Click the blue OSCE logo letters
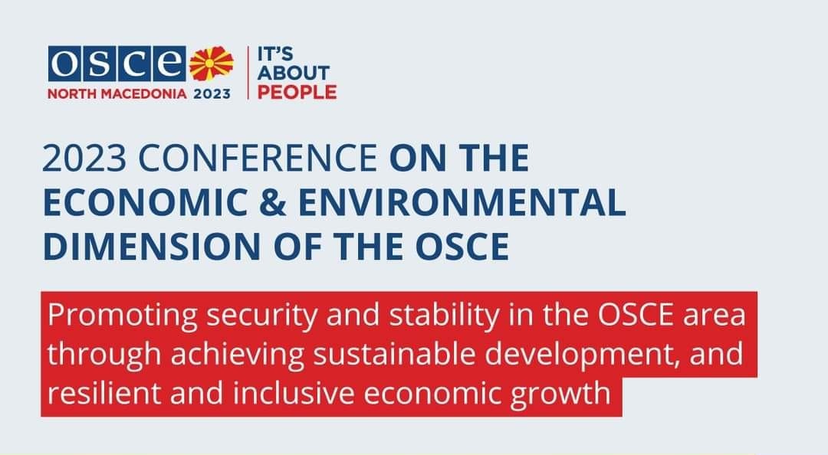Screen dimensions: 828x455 point(117,64)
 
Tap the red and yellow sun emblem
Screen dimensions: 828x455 point(212,64)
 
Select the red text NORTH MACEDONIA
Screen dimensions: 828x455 point(117,94)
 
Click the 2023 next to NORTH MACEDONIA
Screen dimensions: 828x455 point(212,94)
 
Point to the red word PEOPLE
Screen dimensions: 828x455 point(297,93)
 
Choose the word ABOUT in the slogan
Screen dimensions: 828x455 point(293,73)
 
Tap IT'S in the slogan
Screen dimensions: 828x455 point(274,54)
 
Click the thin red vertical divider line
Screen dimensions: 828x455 point(248,72)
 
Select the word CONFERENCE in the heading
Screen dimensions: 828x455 point(258,158)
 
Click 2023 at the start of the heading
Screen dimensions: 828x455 point(84,158)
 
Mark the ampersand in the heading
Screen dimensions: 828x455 point(272,202)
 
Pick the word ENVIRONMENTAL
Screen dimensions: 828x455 point(462,202)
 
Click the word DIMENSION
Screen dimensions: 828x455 point(152,246)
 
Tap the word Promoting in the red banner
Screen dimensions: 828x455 point(122,315)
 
